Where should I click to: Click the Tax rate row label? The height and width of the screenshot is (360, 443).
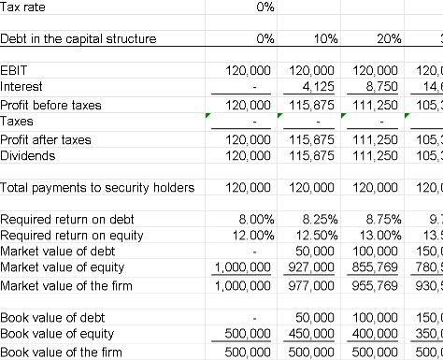coord(23,7)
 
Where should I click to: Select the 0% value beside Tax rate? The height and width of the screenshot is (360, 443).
coord(264,7)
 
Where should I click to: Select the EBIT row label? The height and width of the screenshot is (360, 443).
coord(16,70)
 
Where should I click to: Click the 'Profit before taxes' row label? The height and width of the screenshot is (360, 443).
coord(51,104)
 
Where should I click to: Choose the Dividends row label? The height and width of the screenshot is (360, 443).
coord(29,156)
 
